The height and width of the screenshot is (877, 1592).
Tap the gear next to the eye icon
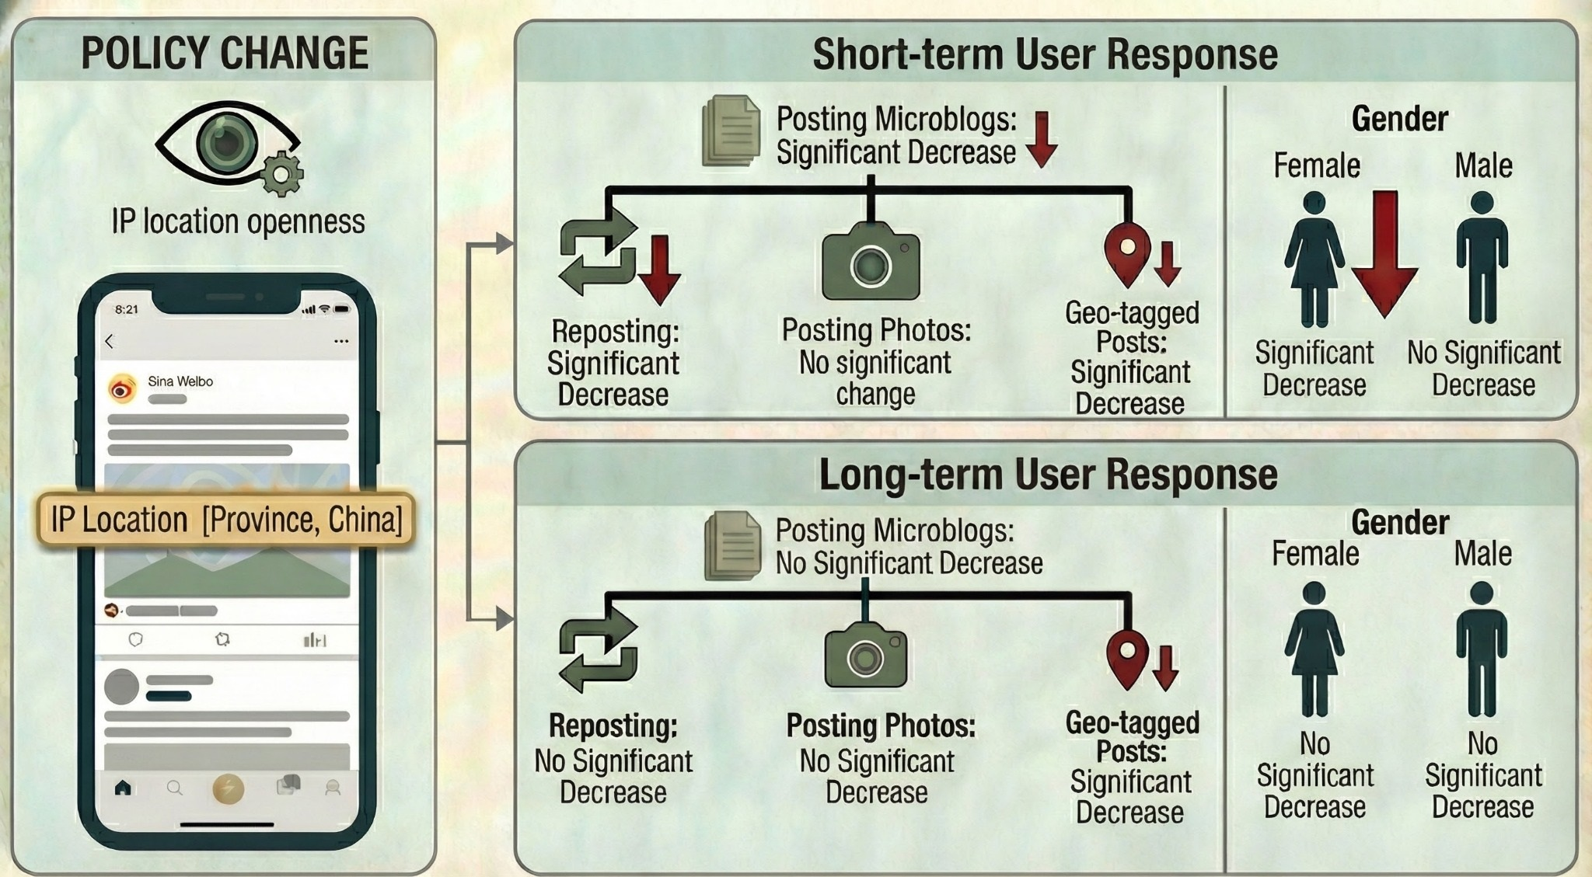[x=281, y=174]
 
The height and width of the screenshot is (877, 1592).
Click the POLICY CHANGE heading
[x=225, y=53]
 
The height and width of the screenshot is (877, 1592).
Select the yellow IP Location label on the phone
[x=226, y=520]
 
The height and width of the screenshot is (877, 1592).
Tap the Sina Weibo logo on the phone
[x=122, y=388]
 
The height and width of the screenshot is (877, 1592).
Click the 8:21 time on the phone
[x=127, y=309]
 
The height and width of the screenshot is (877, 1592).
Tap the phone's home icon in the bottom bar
[x=122, y=788]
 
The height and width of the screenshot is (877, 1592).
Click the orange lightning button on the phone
[x=229, y=788]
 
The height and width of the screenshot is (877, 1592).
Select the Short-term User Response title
[x=1045, y=54]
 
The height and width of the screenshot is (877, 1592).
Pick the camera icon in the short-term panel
[x=871, y=262]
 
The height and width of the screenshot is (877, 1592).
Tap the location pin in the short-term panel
[x=1127, y=253]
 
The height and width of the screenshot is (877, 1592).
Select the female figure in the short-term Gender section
[x=1314, y=259]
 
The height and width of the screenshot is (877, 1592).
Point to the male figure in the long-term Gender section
[x=1482, y=649]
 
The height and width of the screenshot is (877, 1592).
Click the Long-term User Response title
[x=1048, y=475]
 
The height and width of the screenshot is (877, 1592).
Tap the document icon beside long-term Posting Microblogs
[x=731, y=545]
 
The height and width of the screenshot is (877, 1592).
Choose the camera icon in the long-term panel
[x=865, y=656]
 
